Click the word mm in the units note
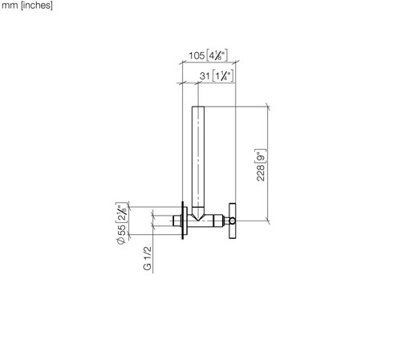click(10, 6)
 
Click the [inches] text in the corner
click(37, 5)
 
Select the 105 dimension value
click(196, 55)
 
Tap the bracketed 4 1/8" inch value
click(217, 55)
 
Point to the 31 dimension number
click(205, 76)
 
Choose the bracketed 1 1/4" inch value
click(223, 76)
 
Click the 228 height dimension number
click(261, 173)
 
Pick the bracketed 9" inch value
click(261, 156)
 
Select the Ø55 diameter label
click(121, 234)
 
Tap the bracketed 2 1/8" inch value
click(121, 212)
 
